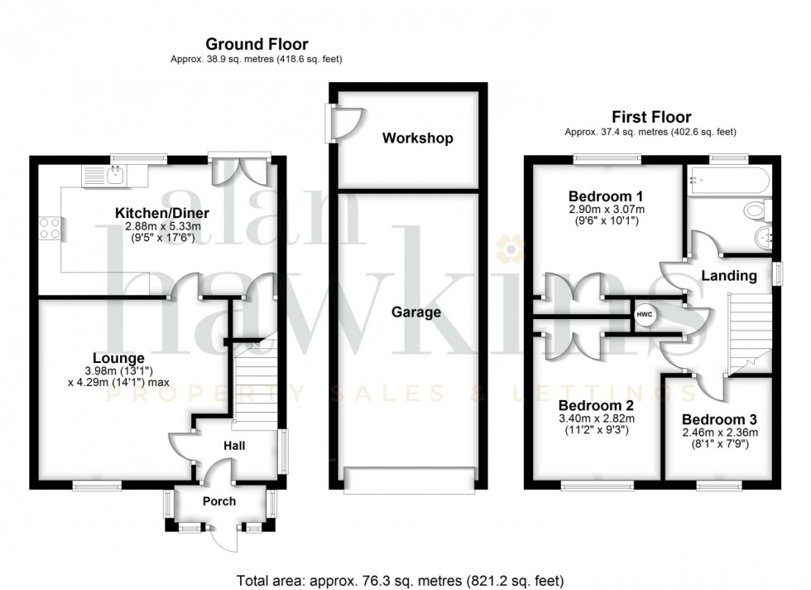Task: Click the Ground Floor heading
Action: pyautogui.click(x=257, y=44)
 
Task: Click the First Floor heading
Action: pyautogui.click(x=651, y=117)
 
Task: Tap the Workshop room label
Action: pyautogui.click(x=417, y=138)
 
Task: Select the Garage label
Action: pyautogui.click(x=415, y=312)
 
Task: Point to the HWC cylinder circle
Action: pyautogui.click(x=645, y=314)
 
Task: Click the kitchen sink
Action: pyautogui.click(x=115, y=176)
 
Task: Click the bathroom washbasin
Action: pyautogui.click(x=763, y=239)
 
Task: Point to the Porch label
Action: pyautogui.click(x=219, y=501)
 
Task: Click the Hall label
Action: pyautogui.click(x=234, y=446)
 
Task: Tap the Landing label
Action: pyautogui.click(x=729, y=276)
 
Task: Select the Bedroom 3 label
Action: pyautogui.click(x=719, y=419)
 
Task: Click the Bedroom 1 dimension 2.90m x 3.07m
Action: pyautogui.click(x=607, y=210)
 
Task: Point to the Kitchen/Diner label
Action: pyautogui.click(x=162, y=213)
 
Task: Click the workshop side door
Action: pyautogui.click(x=346, y=123)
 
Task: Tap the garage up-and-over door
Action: pyautogui.click(x=409, y=479)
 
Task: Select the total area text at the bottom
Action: pyautogui.click(x=400, y=581)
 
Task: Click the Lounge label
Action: pyautogui.click(x=118, y=358)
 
